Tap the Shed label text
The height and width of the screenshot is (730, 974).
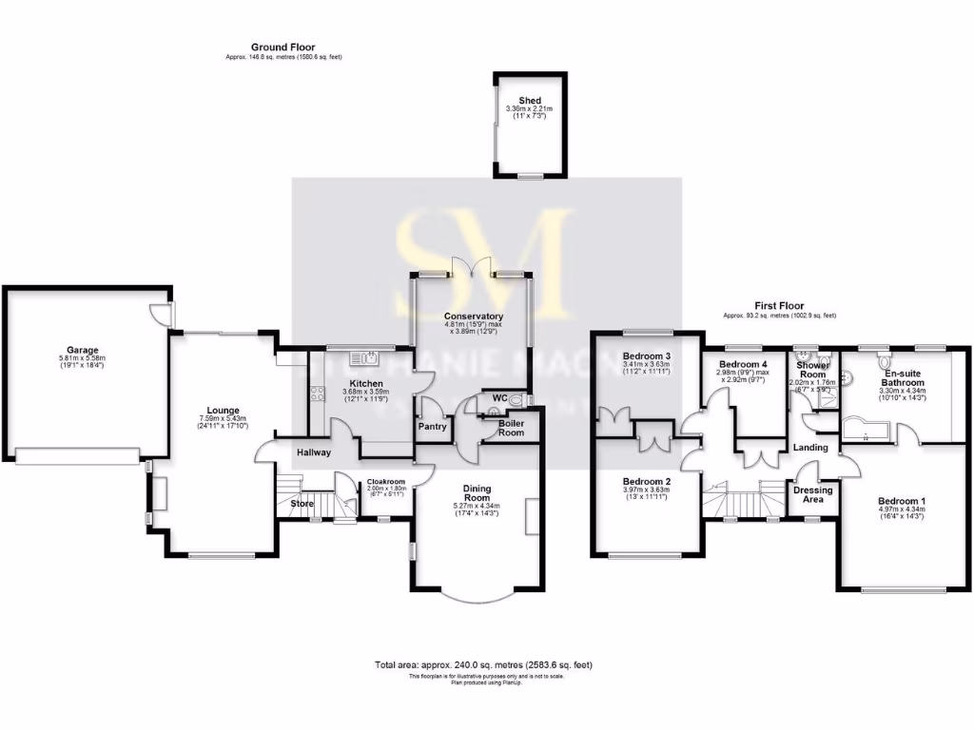click(530, 101)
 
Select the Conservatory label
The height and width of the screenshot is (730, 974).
click(473, 317)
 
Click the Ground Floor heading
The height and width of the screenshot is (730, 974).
click(282, 47)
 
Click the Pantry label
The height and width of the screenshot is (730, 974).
click(433, 427)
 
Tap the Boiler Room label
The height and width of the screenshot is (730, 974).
click(511, 428)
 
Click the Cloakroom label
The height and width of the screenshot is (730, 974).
click(386, 482)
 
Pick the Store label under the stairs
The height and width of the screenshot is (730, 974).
click(302, 504)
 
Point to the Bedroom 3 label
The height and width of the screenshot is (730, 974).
click(647, 356)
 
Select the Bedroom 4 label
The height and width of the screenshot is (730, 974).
click(743, 364)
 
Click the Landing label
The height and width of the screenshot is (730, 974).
click(811, 448)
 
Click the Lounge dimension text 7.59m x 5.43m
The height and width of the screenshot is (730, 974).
click(222, 419)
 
